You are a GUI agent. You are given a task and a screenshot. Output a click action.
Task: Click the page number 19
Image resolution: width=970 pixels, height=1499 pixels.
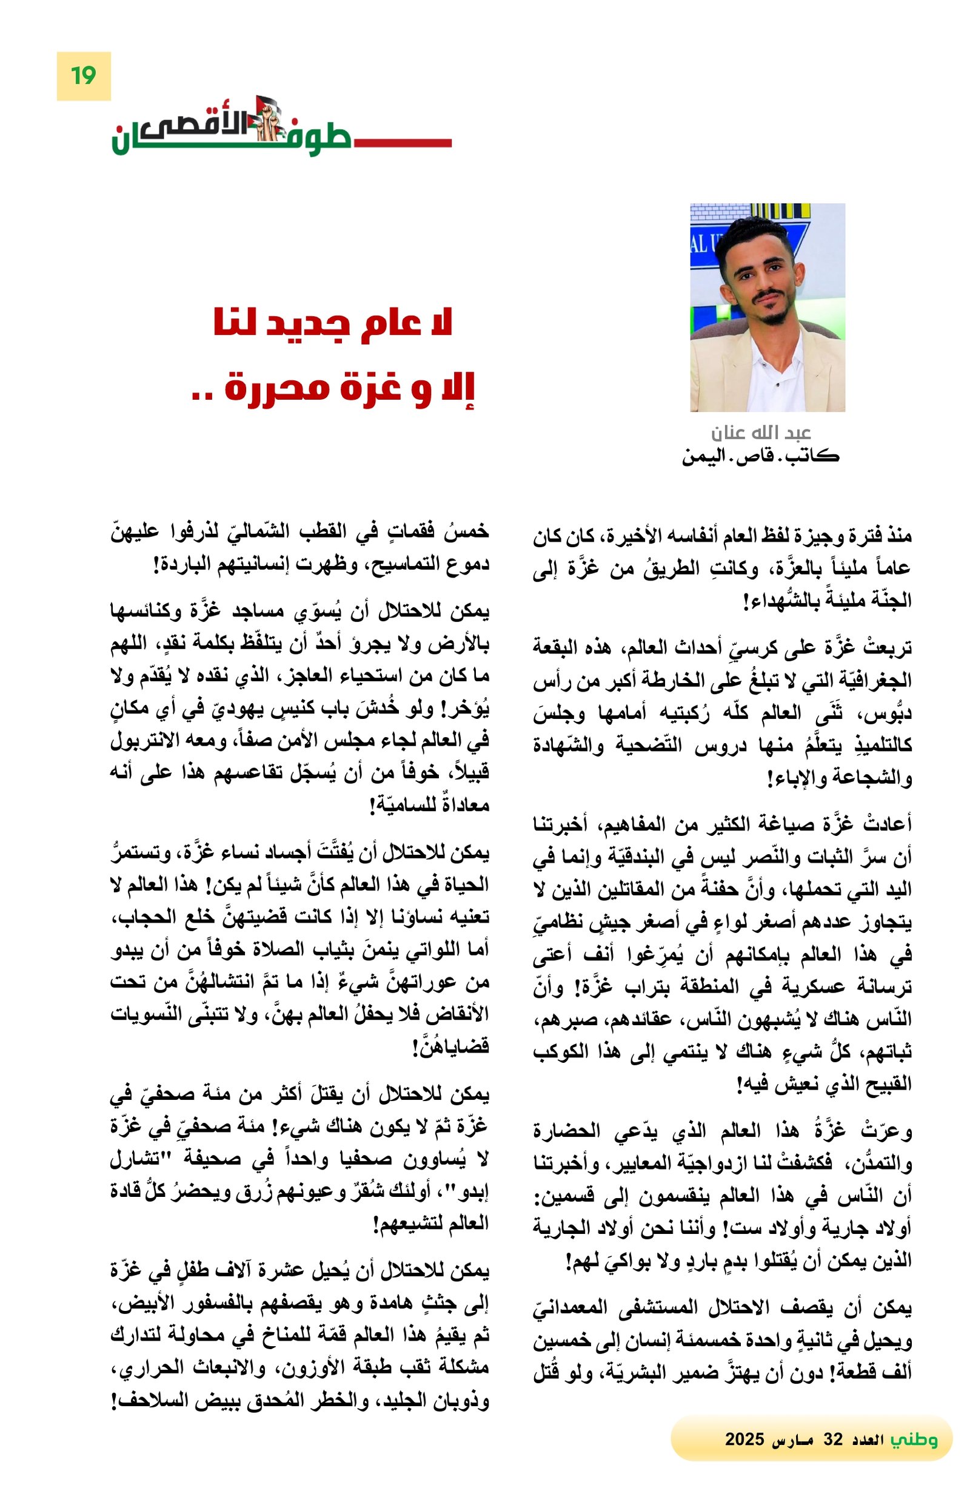[83, 76]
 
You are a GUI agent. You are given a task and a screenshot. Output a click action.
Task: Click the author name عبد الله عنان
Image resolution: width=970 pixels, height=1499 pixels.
[760, 433]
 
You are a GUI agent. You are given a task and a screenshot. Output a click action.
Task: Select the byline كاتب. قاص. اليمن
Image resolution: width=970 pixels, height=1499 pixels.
[760, 456]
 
